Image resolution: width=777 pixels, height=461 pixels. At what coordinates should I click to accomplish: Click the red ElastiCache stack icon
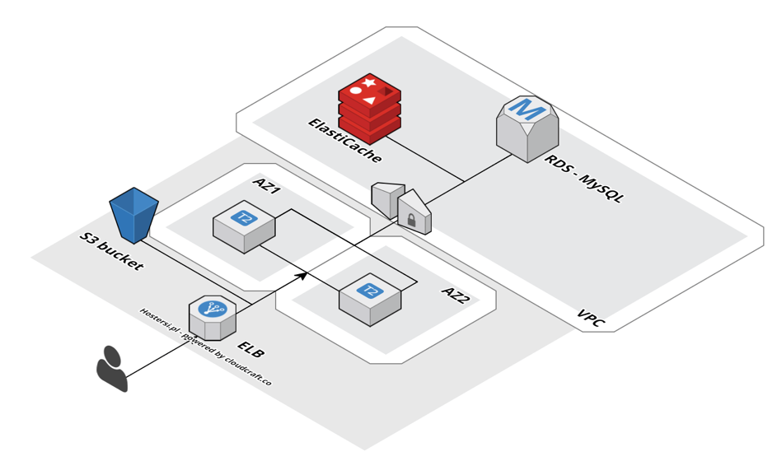[369, 107]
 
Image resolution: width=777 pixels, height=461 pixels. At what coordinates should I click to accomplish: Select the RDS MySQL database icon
[527, 128]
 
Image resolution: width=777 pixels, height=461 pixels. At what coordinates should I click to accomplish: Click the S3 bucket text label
[111, 252]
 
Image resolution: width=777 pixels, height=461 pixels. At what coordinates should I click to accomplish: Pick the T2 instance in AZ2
[370, 296]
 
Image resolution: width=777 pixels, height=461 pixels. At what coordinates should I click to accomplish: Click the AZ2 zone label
[456, 296]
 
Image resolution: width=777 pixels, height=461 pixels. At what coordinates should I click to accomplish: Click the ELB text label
[250, 347]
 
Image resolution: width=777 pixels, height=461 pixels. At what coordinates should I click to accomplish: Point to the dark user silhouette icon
[111, 368]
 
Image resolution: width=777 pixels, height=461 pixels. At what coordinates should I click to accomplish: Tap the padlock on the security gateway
[410, 220]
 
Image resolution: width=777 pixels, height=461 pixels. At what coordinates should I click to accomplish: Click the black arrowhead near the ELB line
[302, 274]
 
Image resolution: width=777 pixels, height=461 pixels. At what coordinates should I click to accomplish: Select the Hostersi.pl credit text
[205, 345]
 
